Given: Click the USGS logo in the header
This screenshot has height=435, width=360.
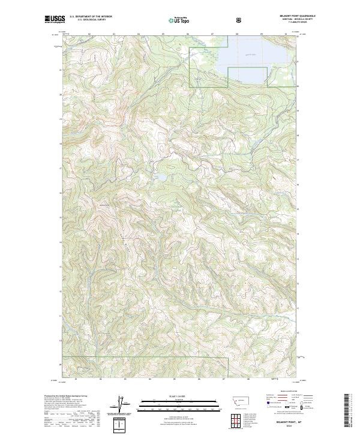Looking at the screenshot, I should pyautogui.click(x=55, y=19).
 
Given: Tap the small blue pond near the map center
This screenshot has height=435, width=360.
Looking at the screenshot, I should pyautogui.click(x=161, y=178).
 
